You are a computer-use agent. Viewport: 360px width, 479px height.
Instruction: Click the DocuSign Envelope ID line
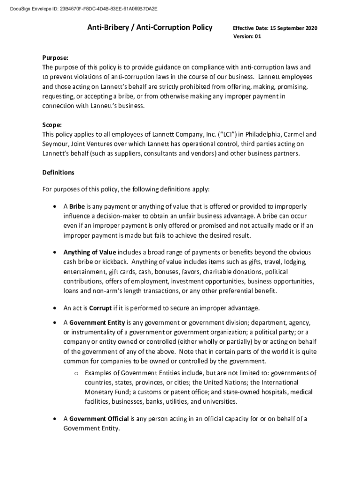[x=80, y=8]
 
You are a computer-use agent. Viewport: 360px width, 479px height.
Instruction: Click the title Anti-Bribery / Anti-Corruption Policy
[x=150, y=28]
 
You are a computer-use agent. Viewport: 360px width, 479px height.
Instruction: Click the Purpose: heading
[x=56, y=58]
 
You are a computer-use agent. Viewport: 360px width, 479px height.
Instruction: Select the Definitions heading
[x=58, y=172]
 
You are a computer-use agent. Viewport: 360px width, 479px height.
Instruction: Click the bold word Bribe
[x=77, y=206]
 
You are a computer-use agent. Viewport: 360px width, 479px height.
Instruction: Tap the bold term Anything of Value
[x=89, y=252]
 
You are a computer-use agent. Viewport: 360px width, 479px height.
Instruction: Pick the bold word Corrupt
[x=100, y=308]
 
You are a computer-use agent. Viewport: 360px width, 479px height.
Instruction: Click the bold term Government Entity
[x=97, y=322]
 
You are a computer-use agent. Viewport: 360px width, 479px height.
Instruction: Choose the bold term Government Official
[x=99, y=419]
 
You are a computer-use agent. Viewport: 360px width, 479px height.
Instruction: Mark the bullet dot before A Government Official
[x=55, y=419]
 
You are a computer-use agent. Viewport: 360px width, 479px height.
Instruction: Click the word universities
[x=220, y=401]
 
